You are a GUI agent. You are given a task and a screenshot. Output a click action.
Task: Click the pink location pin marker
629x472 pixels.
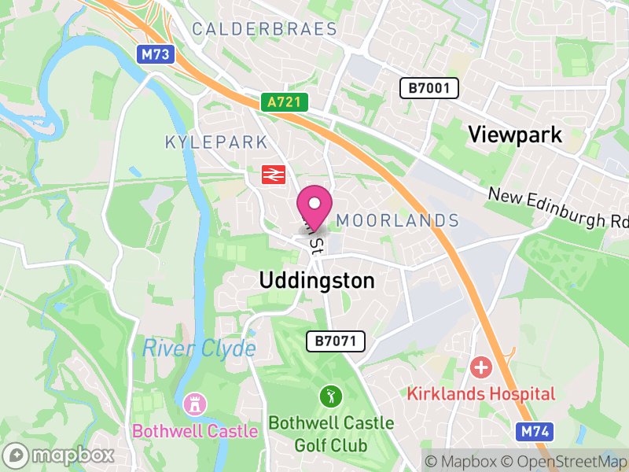tap(314, 207)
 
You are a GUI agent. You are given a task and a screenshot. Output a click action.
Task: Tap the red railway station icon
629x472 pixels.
tap(273, 174)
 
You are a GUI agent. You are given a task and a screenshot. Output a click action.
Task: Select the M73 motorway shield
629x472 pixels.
tap(157, 54)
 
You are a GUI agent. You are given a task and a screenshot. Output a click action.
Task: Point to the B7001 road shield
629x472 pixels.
tap(429, 88)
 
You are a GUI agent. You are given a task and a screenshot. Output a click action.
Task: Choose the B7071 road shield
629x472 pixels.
tap(336, 341)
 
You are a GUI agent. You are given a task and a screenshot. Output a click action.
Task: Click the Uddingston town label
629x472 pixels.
tap(317, 281)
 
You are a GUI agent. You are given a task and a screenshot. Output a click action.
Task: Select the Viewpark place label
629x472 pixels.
tap(515, 134)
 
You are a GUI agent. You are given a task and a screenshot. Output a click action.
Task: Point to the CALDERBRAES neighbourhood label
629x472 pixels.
tap(264, 30)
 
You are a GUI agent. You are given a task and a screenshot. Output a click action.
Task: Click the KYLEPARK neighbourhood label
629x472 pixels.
tap(216, 142)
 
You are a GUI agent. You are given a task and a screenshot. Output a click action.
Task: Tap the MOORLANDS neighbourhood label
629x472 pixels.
tap(397, 220)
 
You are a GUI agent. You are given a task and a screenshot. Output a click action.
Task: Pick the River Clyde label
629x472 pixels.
tap(199, 348)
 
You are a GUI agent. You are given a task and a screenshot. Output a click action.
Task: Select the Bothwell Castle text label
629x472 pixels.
tap(195, 431)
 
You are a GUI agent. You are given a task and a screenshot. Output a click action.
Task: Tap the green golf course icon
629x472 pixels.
tap(330, 396)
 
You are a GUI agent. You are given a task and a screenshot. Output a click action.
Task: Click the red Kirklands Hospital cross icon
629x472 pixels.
tap(480, 367)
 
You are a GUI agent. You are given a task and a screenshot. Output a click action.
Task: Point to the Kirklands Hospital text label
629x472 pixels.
tap(480, 394)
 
